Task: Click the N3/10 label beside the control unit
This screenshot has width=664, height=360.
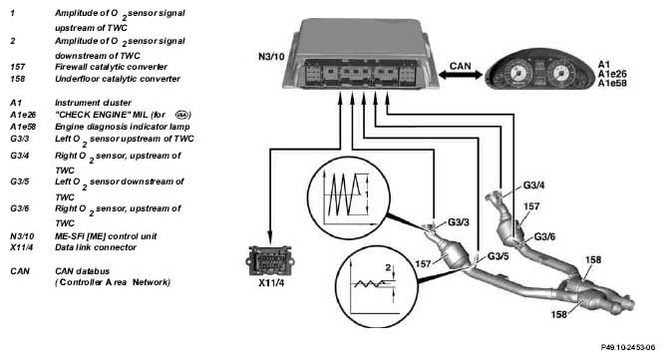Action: [271, 56]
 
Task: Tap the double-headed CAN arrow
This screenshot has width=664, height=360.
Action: [461, 75]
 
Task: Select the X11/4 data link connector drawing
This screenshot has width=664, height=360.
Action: [270, 259]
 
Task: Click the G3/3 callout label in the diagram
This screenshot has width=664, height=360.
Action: [459, 222]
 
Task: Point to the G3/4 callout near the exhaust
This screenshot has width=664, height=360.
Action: [534, 185]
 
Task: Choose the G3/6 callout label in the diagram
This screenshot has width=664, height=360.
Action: [544, 236]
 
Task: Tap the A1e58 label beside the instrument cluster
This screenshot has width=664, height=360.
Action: [612, 84]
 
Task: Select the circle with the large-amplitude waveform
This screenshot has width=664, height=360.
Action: [348, 196]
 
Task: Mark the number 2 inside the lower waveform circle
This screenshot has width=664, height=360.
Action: [388, 267]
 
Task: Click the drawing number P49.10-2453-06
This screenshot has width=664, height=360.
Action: [627, 347]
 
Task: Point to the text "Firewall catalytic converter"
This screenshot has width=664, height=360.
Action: [111, 67]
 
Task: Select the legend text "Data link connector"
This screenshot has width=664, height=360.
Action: [96, 247]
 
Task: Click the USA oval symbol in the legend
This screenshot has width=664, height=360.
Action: [182, 115]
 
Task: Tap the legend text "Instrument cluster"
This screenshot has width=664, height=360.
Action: [93, 103]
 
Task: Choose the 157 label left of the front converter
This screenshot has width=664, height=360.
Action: [423, 264]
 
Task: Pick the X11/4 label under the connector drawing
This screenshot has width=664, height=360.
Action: [271, 282]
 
